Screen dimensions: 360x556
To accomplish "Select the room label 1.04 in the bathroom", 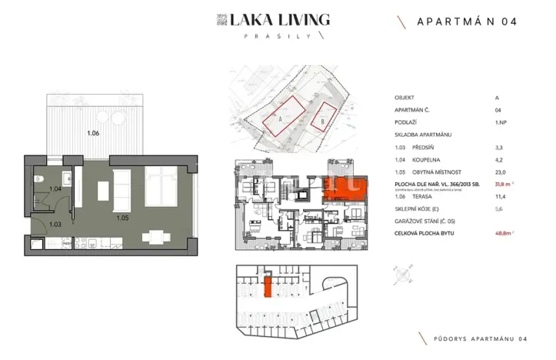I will [55, 189].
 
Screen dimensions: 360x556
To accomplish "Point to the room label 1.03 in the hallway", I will [55, 225].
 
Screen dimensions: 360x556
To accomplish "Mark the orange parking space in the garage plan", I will [268, 288].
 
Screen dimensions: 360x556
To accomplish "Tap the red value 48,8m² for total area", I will [504, 232].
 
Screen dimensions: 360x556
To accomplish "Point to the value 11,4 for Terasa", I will [501, 196].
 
